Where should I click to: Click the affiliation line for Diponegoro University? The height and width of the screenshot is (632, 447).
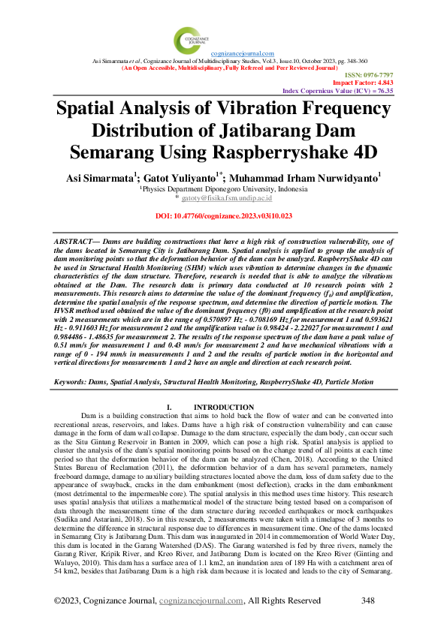(x=224, y=190)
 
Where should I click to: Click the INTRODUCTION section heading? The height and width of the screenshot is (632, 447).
(x=225, y=407)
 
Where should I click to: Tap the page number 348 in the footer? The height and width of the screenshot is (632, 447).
(x=368, y=601)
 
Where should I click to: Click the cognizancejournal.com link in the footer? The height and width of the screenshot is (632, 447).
(x=205, y=601)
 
